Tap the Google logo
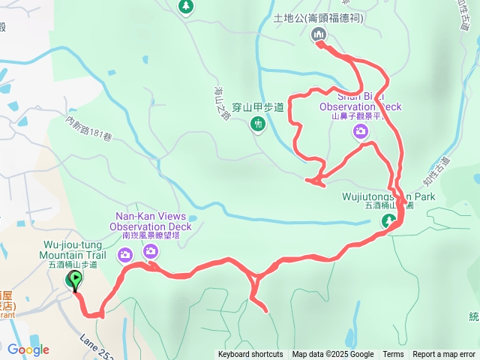28,349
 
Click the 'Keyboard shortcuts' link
250,355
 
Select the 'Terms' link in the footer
393,355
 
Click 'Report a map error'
443,355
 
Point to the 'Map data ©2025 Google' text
333,355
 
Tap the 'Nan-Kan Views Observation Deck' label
150,221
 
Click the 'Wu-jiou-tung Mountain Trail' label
74,250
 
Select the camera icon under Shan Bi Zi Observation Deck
361,132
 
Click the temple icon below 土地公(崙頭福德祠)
318,34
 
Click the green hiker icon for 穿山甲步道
258,124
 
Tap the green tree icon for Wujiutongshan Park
389,220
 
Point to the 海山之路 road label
223,102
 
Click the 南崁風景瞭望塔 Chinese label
150,235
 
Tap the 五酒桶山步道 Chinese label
72,265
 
